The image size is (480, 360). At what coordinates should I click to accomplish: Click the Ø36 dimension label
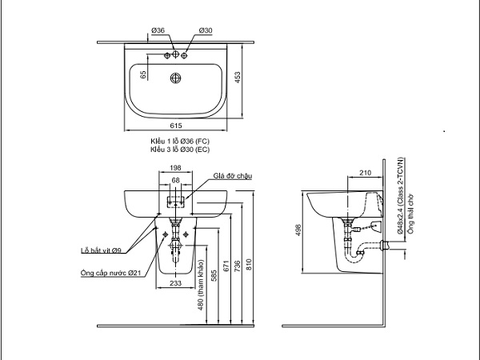(157, 30)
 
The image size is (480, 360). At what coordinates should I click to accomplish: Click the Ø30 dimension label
(206, 30)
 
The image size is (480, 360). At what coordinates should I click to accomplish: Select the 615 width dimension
(177, 126)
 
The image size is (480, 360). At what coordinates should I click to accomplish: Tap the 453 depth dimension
(238, 76)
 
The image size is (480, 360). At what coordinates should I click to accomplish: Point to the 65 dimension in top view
(144, 74)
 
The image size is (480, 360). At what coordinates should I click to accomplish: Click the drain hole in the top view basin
(176, 78)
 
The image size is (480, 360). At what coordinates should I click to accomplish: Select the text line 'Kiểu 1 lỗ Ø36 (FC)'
(181, 141)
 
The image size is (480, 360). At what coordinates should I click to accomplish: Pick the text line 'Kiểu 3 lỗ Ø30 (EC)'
(181, 149)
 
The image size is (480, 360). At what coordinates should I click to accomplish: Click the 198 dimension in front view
(176, 168)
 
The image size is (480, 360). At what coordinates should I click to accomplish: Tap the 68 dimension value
(176, 180)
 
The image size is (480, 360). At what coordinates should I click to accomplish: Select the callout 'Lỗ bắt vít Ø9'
(101, 250)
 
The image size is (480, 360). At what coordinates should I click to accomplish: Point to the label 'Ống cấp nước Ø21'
(111, 273)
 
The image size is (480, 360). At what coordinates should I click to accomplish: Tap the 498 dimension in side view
(298, 230)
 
